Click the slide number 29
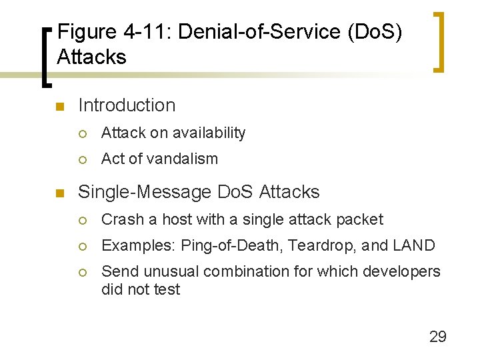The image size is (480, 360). [x=437, y=336]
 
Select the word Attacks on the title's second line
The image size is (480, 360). [x=91, y=57]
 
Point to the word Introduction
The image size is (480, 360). [x=127, y=105]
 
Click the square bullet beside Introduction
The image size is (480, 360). [x=59, y=107]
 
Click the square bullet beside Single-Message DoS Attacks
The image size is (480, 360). [x=59, y=193]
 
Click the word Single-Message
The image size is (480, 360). [x=145, y=192]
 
